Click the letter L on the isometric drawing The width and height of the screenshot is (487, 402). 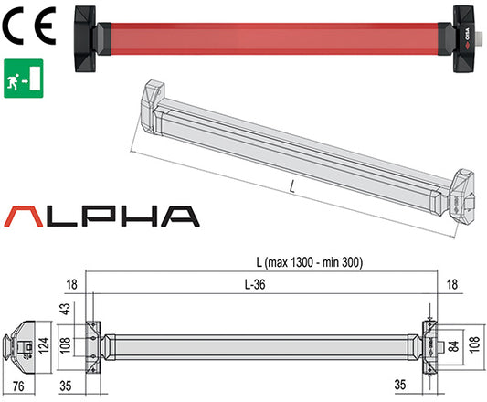tap(290, 187)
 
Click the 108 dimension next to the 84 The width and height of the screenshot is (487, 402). tap(475, 347)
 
